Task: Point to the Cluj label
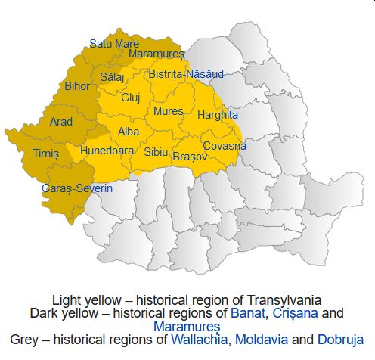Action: point(131,98)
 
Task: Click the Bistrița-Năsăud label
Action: point(186,74)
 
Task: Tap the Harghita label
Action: point(217,115)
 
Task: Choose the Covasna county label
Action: point(225,145)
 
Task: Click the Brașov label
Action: point(189,157)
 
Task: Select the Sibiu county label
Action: point(157,151)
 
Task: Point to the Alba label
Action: point(129,131)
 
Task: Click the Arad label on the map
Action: point(61,121)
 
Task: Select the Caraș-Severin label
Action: point(77,188)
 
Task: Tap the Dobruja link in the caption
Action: point(341,339)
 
